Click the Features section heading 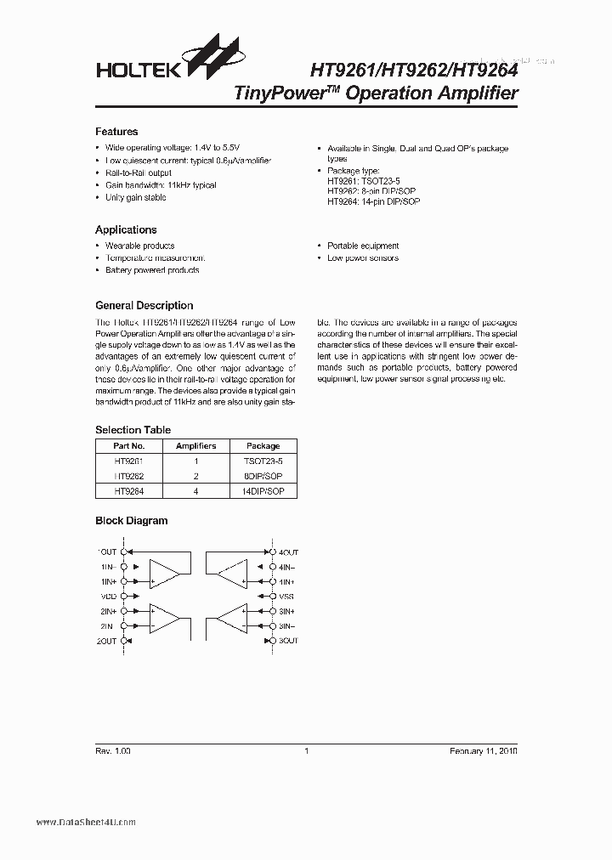(x=116, y=132)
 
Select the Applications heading (x=126, y=229)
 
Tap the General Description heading (x=144, y=305)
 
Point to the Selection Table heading (x=133, y=430)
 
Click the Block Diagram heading (x=131, y=521)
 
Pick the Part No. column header (x=129, y=445)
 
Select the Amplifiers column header (x=195, y=445)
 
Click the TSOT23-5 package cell (x=263, y=461)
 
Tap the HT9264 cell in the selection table (x=129, y=491)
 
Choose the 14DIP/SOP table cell (x=263, y=491)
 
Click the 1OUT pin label (x=106, y=552)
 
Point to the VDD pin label (x=106, y=597)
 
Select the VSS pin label (x=286, y=597)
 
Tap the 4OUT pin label (x=289, y=552)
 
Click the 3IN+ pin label (x=286, y=611)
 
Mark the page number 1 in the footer (x=306, y=751)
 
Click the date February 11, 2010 (x=483, y=751)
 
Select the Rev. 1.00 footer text (x=113, y=751)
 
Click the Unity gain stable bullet (x=135, y=197)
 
